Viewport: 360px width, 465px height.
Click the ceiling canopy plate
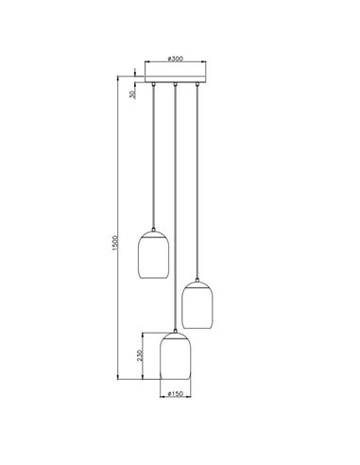click(176, 77)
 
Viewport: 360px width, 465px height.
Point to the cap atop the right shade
click(197, 281)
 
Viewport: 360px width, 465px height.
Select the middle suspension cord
click(176, 208)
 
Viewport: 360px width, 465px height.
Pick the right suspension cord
click(197, 180)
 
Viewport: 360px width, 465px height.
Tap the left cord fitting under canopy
click(153, 86)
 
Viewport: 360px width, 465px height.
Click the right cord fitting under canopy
click(197, 86)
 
